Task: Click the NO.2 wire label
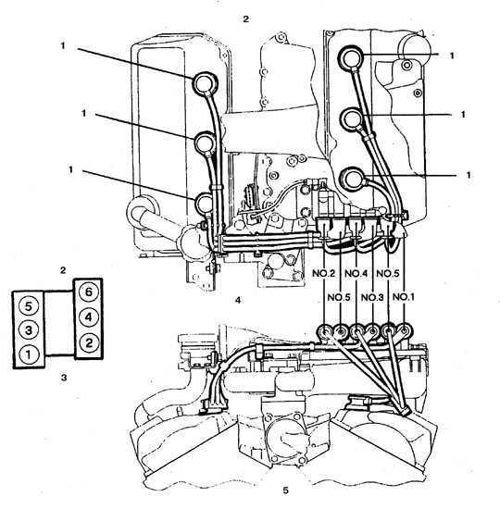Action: coord(323,273)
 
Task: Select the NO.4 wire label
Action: coord(356,273)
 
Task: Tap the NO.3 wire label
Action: coord(372,297)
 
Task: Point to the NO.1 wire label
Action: coord(404,297)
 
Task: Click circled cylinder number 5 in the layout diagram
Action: coord(29,306)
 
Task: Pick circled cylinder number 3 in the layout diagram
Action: coord(29,330)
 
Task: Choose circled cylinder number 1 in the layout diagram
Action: coord(29,354)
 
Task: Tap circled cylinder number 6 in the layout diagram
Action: coord(89,292)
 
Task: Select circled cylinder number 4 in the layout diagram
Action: coord(89,317)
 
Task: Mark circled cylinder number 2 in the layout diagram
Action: coord(89,342)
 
